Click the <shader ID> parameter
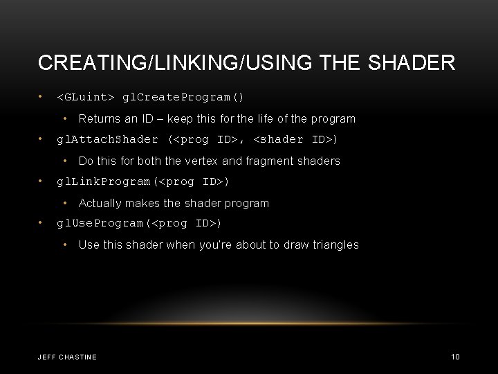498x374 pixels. [x=296, y=139]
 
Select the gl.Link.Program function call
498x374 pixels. [x=143, y=181]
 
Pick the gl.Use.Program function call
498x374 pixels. [x=139, y=223]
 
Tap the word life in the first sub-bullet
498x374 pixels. [x=270, y=118]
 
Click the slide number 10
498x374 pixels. [x=455, y=357]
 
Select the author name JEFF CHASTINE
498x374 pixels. [x=67, y=357]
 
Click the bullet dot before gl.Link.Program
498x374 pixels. [x=42, y=181]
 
